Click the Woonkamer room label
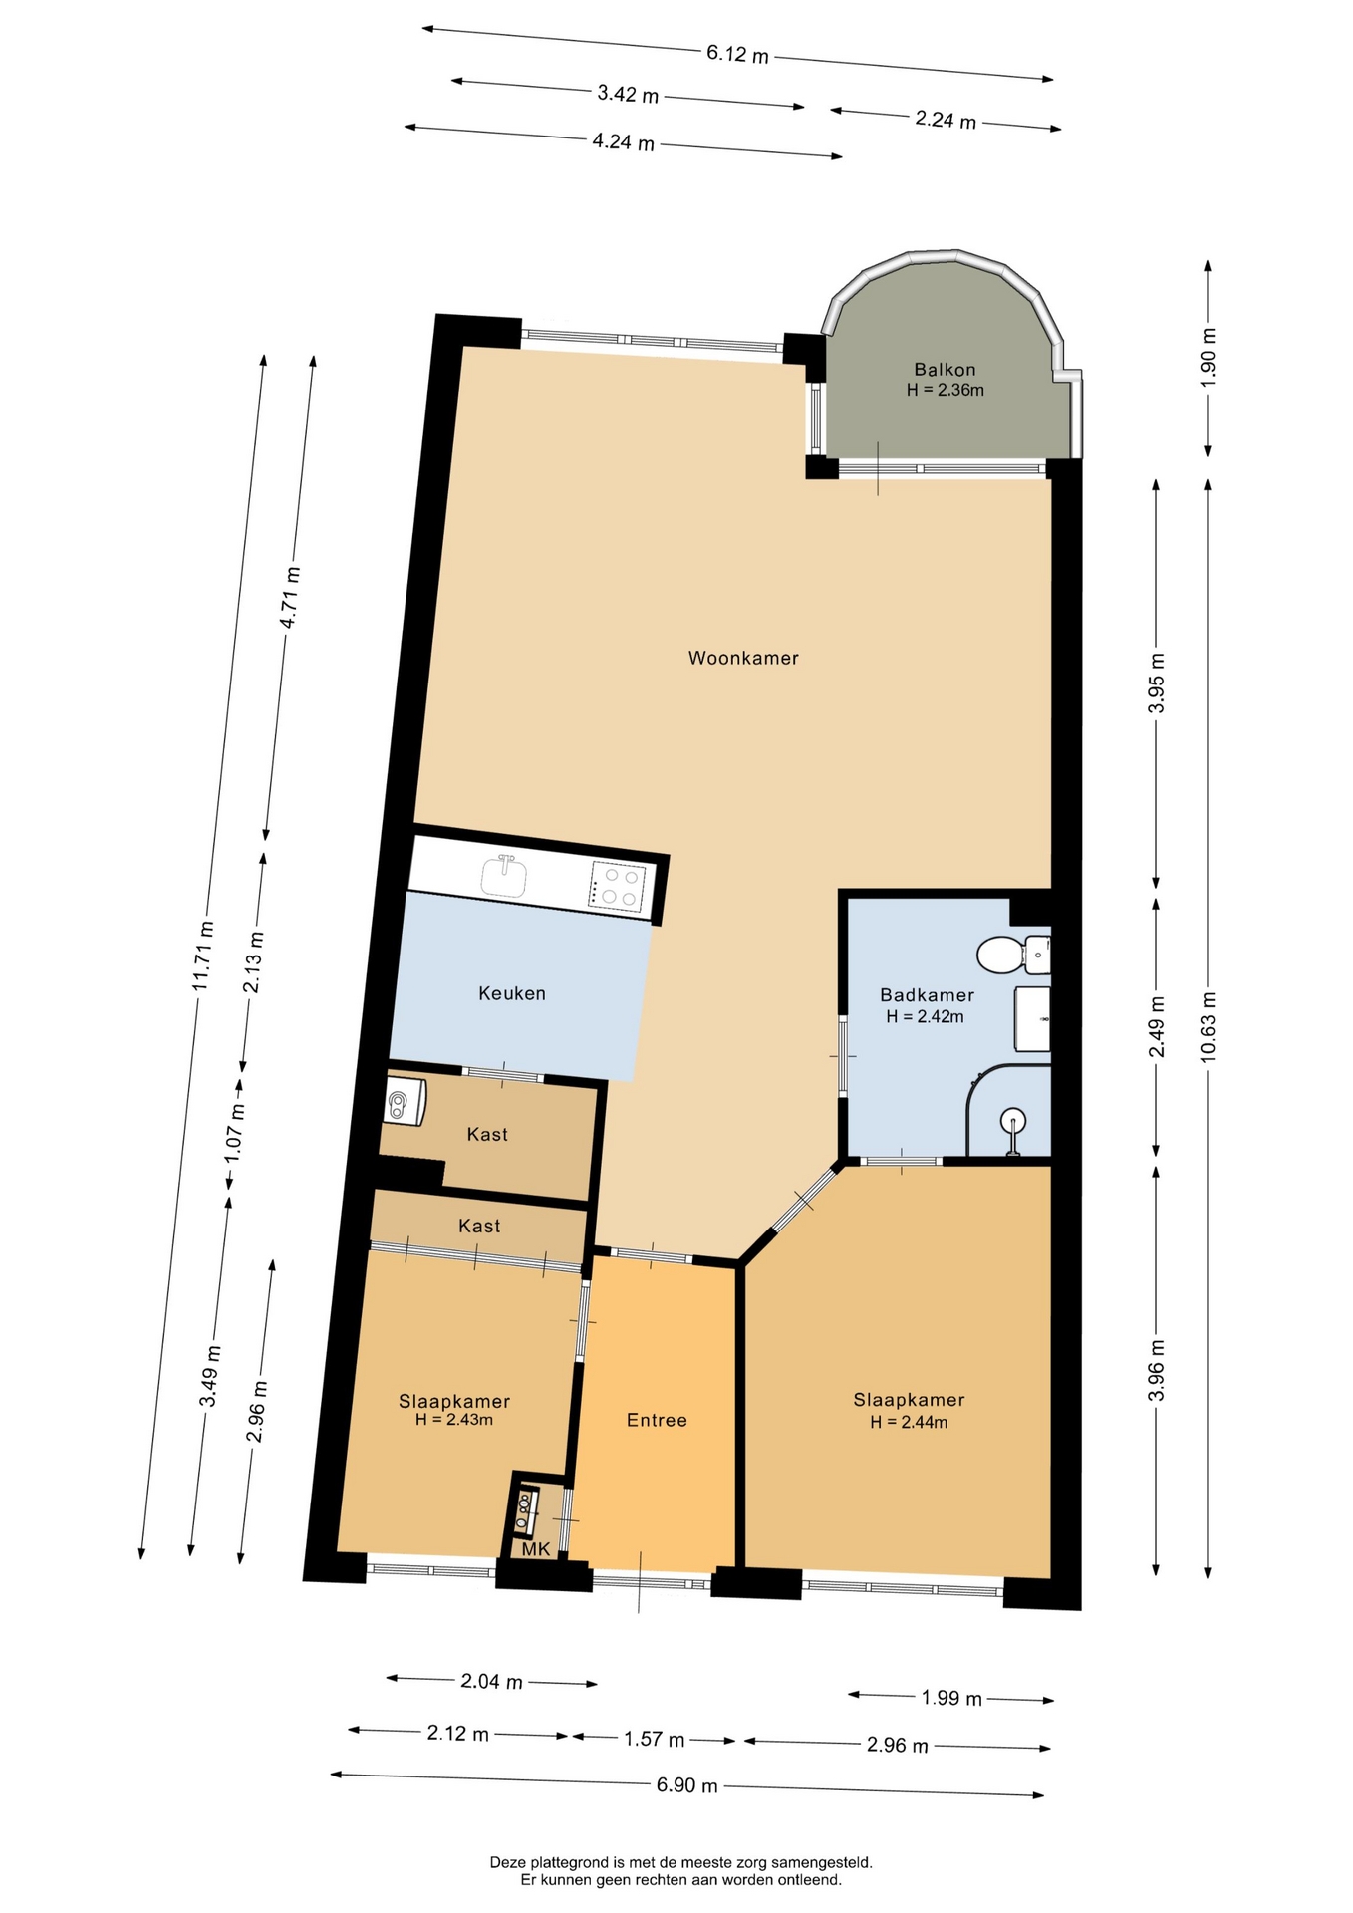(743, 658)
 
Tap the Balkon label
(945, 370)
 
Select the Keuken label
(512, 993)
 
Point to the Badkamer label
(927, 995)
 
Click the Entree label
(657, 1420)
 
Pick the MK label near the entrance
(536, 1549)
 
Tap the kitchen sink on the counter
(507, 876)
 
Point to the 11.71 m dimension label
(204, 954)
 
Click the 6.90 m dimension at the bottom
(686, 1785)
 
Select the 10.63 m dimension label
(1208, 1026)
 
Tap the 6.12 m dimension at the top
(738, 54)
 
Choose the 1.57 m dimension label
(655, 1740)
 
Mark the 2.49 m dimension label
(1156, 1027)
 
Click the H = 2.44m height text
(909, 1422)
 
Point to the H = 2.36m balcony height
(945, 390)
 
